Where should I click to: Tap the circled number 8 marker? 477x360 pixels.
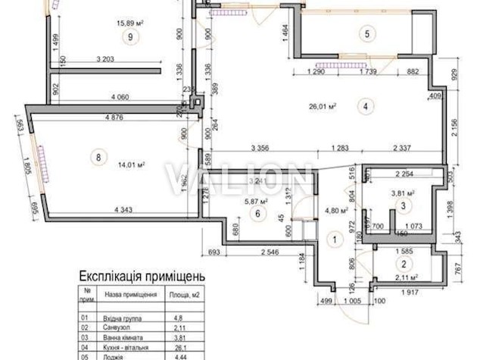tap(96, 158)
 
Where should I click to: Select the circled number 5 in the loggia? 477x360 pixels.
tap(366, 33)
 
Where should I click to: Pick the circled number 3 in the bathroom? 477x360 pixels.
tap(404, 205)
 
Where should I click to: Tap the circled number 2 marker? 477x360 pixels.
tap(404, 265)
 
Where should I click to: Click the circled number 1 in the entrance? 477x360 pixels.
tap(330, 239)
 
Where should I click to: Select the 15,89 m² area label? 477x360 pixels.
tap(131, 23)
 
